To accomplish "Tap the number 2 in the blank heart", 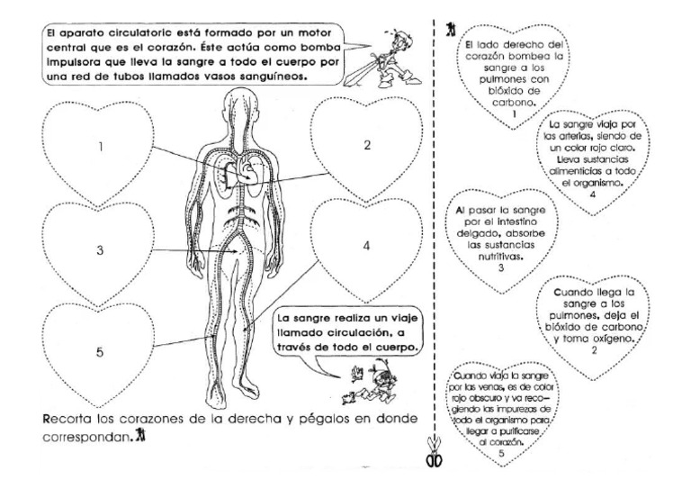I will (x=366, y=145).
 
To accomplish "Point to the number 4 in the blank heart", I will (x=367, y=246).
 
